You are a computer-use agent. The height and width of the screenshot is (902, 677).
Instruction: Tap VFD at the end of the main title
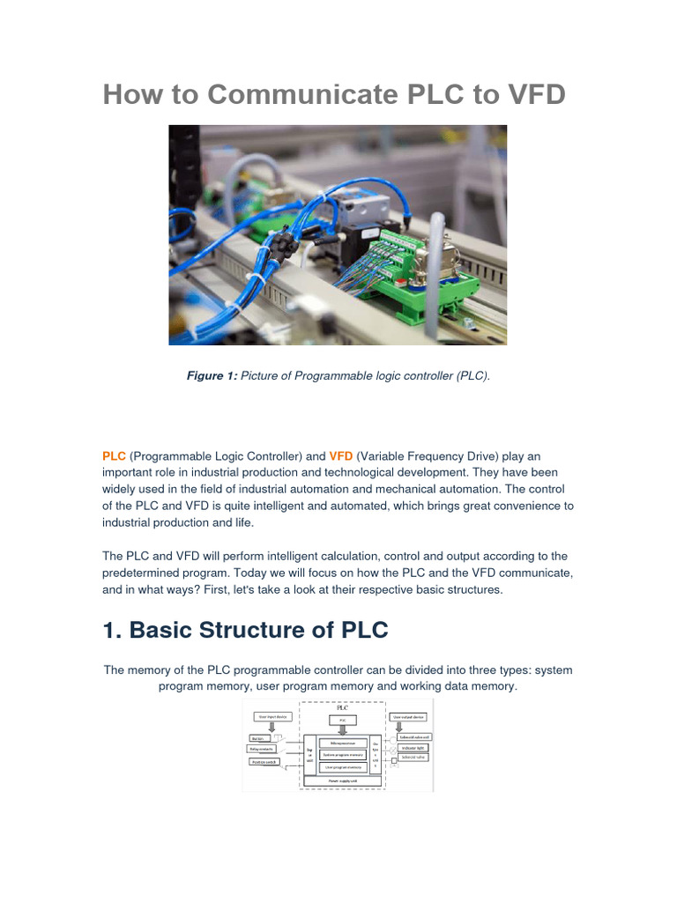(x=530, y=94)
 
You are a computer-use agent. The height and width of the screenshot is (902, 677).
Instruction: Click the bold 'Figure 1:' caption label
(x=212, y=376)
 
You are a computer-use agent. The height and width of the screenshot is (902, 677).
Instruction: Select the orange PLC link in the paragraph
(x=115, y=455)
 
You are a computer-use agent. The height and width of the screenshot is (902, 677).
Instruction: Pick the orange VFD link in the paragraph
(x=341, y=455)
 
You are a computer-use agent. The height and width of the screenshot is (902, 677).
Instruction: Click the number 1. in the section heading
(x=115, y=630)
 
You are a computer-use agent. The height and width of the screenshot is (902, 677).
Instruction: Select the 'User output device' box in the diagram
(x=407, y=717)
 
